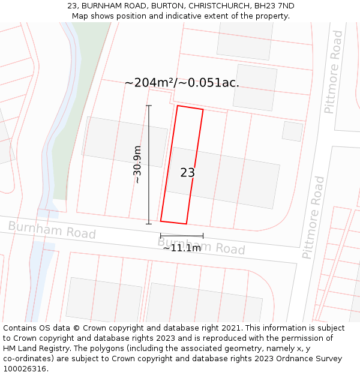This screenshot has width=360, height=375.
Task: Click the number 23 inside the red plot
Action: coord(187,173)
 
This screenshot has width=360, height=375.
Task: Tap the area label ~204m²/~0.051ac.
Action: coord(182,83)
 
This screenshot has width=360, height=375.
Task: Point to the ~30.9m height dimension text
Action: coord(137,164)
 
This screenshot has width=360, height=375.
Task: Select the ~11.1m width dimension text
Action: coord(182,248)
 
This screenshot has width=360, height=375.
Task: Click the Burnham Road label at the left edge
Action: coord(52,229)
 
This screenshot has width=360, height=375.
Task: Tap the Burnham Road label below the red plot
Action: coord(202,245)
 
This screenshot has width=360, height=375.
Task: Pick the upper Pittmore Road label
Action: coord(333,72)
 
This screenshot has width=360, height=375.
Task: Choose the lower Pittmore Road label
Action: coord(314,217)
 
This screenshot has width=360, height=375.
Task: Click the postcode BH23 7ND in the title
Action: coord(274,5)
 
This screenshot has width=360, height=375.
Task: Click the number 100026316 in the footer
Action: coord(25,369)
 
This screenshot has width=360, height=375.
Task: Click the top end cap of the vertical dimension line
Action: coord(149,106)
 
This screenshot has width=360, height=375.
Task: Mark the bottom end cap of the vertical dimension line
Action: coord(149,224)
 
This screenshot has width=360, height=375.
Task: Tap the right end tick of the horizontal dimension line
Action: coord(203,235)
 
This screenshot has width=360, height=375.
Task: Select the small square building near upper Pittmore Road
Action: coord(292,131)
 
